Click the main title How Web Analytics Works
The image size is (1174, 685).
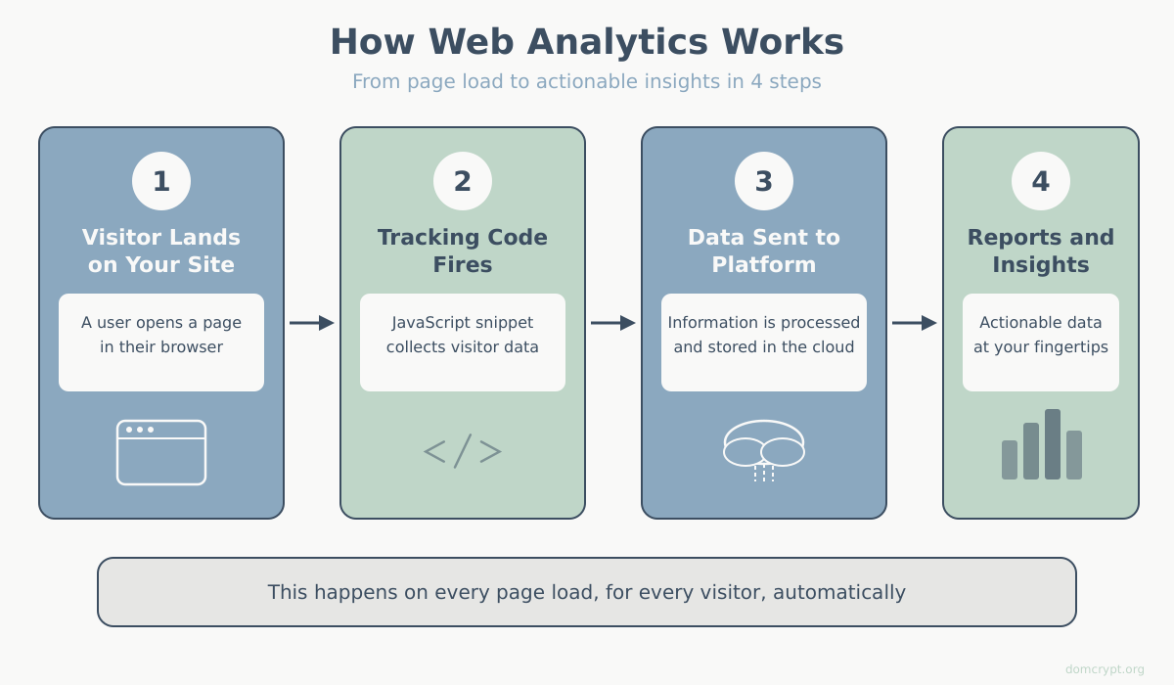(x=586, y=42)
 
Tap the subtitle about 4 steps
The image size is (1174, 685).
(x=586, y=81)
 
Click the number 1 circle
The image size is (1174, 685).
(x=161, y=181)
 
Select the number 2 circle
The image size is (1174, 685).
(x=463, y=181)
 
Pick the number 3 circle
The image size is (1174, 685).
(x=764, y=181)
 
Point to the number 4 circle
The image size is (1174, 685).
(x=1041, y=181)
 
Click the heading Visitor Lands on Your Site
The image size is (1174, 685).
(x=161, y=251)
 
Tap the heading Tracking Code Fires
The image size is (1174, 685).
(x=463, y=251)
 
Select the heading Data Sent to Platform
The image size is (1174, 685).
(x=764, y=251)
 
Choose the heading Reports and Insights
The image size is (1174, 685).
(x=1041, y=251)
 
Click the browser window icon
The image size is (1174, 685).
(x=161, y=452)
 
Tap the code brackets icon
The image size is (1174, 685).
(x=463, y=451)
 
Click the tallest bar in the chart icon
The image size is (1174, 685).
(x=1053, y=444)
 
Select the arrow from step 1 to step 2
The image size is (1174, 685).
(x=312, y=323)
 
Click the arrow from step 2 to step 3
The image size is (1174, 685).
(x=613, y=323)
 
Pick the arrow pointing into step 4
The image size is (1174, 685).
(x=915, y=323)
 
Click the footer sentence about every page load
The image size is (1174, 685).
(x=586, y=592)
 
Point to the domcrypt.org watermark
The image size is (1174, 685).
(x=1105, y=669)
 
